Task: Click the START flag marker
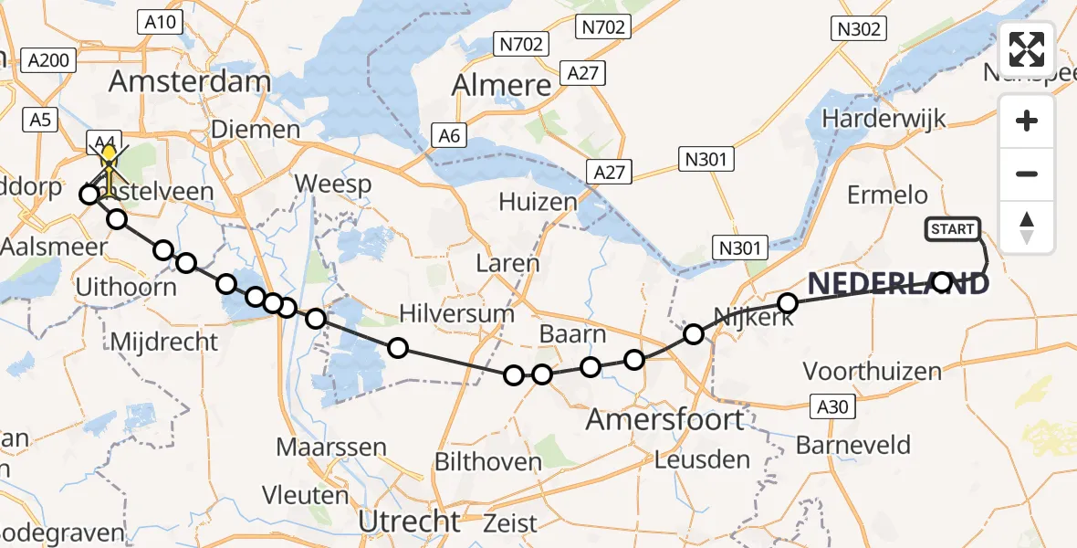[x=954, y=229]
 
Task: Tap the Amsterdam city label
[x=190, y=80]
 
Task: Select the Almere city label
[x=503, y=85]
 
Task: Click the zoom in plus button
[x=1028, y=121]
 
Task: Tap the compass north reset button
[x=1028, y=227]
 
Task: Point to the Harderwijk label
[x=884, y=118]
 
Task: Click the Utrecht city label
[x=410, y=522]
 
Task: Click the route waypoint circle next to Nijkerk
[x=788, y=302]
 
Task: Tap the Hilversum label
[x=457, y=313]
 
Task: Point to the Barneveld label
[x=853, y=445]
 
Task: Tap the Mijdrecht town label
[x=164, y=342]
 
